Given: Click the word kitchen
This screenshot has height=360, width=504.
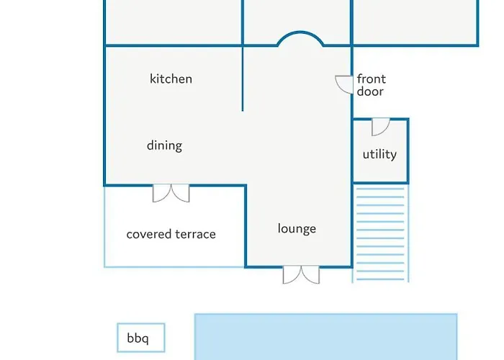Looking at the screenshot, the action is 171,78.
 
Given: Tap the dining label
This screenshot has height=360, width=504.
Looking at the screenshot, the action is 165,145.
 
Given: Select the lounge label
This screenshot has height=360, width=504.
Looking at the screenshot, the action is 297,229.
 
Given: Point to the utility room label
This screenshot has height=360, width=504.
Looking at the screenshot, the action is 379,154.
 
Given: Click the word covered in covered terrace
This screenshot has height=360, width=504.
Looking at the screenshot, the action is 149,234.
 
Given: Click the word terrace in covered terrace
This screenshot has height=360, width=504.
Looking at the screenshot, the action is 195,234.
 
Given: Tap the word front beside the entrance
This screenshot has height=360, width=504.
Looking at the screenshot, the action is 372,78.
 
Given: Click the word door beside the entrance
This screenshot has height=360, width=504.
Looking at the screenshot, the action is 370,91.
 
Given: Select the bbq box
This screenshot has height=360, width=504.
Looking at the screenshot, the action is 141,338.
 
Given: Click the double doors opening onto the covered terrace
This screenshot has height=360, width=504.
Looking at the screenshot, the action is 171,193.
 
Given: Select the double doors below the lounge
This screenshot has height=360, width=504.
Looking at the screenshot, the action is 301,275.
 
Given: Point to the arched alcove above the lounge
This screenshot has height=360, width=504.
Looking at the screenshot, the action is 300,32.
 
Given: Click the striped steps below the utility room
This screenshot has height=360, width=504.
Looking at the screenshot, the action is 381,234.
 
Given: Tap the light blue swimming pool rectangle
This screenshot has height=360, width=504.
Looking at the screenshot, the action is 326,336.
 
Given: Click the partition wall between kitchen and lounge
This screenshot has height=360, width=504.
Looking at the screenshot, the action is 243,78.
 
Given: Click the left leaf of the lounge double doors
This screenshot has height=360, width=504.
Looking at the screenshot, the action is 292,275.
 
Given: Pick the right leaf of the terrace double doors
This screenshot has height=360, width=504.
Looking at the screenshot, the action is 180,193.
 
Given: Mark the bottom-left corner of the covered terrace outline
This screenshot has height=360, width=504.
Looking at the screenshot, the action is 104,267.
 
